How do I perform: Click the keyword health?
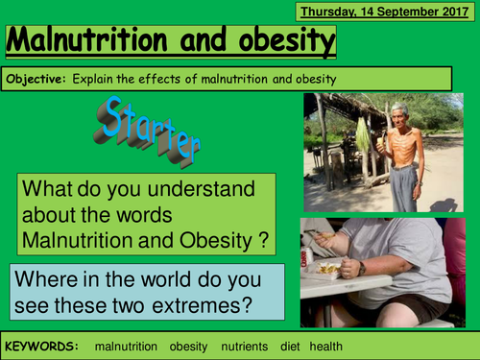(x=326, y=345)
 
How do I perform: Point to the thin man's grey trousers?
(x=403, y=184)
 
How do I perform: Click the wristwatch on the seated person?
(x=362, y=268)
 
